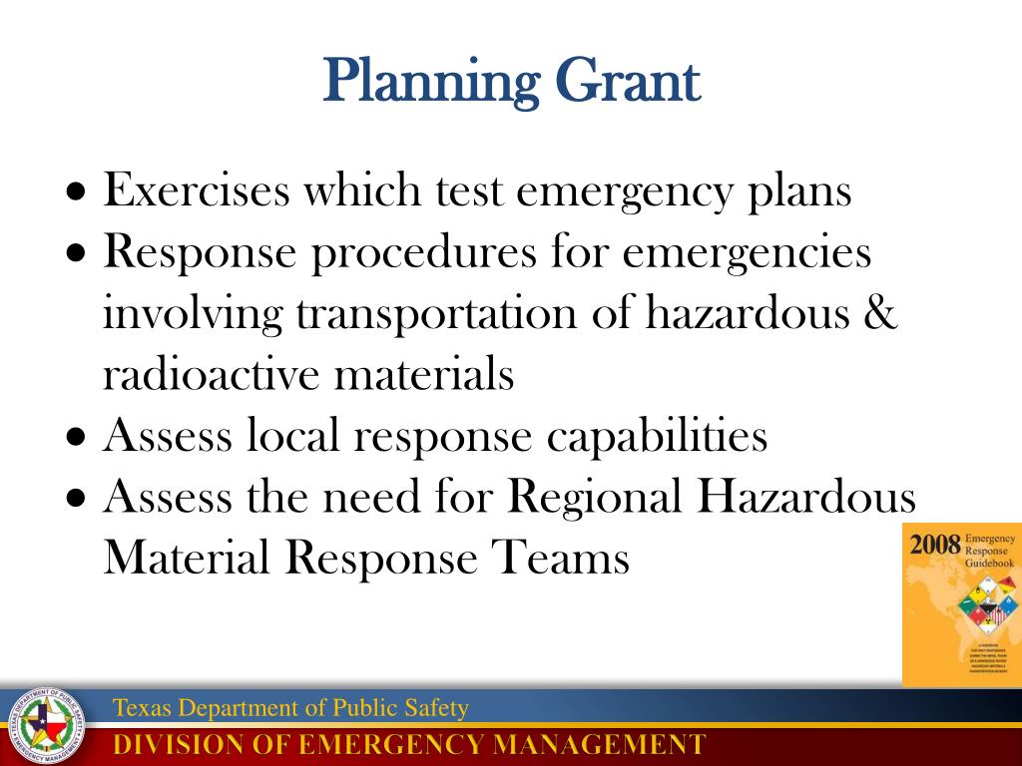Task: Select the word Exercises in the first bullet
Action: pyautogui.click(x=197, y=191)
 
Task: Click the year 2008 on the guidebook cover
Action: pyautogui.click(x=934, y=545)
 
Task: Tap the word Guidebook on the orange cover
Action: pyautogui.click(x=989, y=564)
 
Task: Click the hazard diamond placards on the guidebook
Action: pyautogui.click(x=988, y=603)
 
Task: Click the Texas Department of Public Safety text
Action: pyautogui.click(x=290, y=709)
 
